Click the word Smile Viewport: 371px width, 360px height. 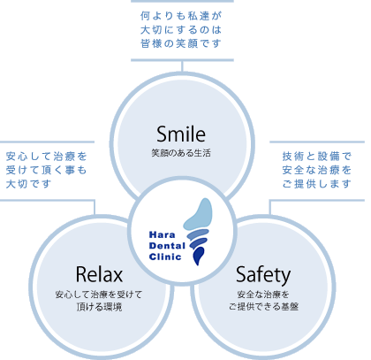coord(181,134)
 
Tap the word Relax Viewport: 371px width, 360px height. coord(99,274)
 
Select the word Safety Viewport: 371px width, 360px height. coord(263,275)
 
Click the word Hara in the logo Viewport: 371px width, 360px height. coord(163,234)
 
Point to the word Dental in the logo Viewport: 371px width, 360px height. coord(167,246)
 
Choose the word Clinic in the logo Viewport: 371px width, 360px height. coord(165,257)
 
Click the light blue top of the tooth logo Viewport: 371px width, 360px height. coord(199,214)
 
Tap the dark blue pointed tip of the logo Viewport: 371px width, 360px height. coord(198,257)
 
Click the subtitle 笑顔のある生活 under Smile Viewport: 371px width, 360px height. coord(181,153)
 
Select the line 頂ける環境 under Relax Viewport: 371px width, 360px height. coord(99,307)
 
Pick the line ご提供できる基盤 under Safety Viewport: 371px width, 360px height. coord(263,306)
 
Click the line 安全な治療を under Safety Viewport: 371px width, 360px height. coord(263,295)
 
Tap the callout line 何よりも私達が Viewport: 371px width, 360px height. coord(181,16)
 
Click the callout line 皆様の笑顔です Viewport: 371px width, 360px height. coord(181,43)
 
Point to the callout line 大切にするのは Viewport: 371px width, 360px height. coord(181,30)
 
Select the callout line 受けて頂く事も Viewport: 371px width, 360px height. coord(46,170)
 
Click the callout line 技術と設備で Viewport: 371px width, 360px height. coord(317,157)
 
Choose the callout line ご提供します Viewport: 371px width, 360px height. coord(317,184)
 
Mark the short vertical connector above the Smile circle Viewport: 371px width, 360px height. coord(182,66)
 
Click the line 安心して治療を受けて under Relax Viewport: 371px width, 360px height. coord(99,295)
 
